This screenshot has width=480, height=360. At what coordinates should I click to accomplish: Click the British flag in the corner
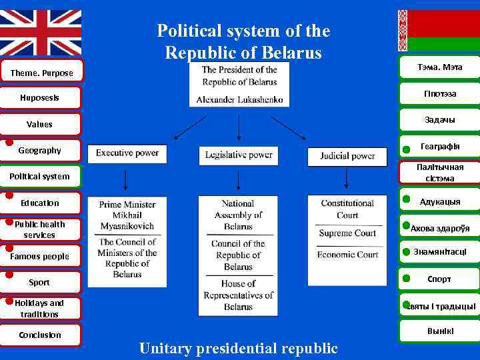point(41,32)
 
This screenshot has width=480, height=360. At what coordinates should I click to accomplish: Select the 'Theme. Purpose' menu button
point(41,73)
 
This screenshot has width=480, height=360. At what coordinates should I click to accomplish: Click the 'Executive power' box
point(127,153)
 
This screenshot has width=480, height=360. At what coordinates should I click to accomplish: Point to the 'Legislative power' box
point(239,155)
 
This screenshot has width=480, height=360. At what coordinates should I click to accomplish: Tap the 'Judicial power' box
point(347,156)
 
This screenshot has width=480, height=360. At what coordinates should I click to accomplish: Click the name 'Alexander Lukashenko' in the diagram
point(239,99)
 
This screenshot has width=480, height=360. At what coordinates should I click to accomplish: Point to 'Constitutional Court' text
point(347,209)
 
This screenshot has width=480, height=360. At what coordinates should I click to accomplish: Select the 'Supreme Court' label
point(347,233)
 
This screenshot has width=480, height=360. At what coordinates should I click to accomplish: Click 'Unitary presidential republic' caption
point(238,348)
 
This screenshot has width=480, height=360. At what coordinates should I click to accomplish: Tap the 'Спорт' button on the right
point(439,279)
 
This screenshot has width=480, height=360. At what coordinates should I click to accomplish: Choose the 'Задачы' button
point(439,120)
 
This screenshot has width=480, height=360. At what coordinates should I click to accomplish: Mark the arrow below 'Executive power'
point(125,179)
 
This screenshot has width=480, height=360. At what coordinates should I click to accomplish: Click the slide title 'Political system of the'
point(243,31)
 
